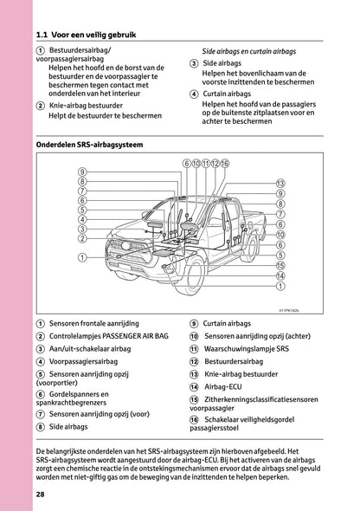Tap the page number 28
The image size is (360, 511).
pos(41,494)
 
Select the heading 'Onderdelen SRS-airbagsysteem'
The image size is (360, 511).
pos(90,145)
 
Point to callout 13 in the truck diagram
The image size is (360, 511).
pos(280,183)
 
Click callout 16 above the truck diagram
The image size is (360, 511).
pos(225,163)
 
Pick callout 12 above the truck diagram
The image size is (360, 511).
pos(215,163)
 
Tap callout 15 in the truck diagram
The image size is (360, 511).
pos(280,265)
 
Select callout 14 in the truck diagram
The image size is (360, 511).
pos(280,275)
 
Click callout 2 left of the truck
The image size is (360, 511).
pos(82,238)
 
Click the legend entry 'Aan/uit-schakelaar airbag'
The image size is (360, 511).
pos(90,348)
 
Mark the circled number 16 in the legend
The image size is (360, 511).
pos(194,419)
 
